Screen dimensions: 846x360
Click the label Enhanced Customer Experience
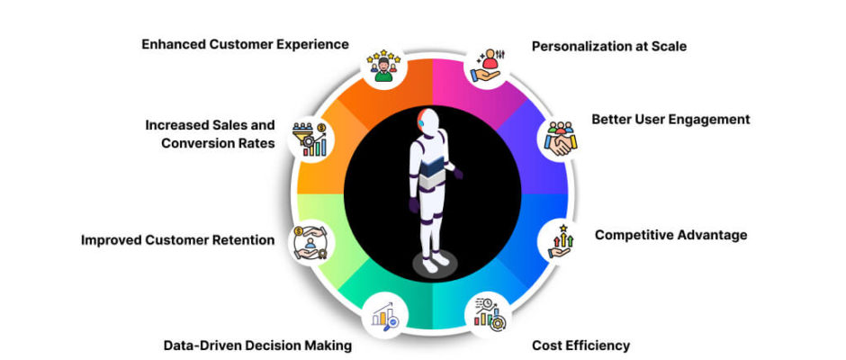[x=245, y=45]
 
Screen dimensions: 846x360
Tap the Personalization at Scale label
[x=609, y=47]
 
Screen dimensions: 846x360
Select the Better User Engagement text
[x=670, y=120]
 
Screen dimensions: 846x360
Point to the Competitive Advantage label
[x=670, y=235]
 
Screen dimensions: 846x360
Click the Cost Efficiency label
[x=580, y=346]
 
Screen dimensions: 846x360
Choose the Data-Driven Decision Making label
[x=257, y=346]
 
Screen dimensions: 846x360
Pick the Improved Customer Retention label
[x=177, y=240]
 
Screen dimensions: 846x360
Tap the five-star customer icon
[x=383, y=66]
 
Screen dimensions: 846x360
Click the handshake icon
[x=560, y=139]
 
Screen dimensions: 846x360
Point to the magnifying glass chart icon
[x=384, y=315]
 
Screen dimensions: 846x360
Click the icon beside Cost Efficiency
[x=489, y=314]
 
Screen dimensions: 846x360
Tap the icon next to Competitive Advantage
[x=561, y=241]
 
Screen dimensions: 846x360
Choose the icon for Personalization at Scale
[x=488, y=66]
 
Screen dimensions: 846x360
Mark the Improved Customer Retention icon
[x=310, y=243]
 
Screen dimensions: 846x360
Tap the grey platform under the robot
[x=435, y=265]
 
